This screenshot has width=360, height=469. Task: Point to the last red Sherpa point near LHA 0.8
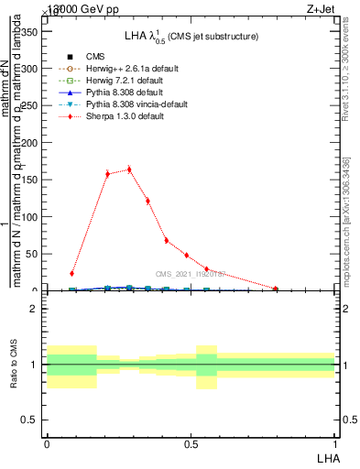tap(276, 289)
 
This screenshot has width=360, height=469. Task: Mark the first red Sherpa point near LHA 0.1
tap(71, 273)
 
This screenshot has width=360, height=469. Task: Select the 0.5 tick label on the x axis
tap(191, 443)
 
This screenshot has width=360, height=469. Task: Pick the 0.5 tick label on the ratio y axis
tap(28, 420)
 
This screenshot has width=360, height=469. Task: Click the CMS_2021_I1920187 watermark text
tap(191, 273)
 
